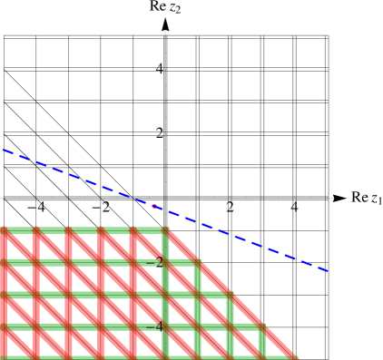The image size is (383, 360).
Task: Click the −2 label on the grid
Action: coord(158,262)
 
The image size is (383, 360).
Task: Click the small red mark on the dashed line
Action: coord(155,207)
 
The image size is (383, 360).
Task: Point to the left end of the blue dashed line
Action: coord(4,150)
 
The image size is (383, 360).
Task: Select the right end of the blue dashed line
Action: coord(328,270)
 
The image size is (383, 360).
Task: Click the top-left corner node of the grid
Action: coord(4,230)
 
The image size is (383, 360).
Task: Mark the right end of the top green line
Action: coord(167,230)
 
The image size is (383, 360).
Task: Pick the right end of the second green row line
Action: coord(199,262)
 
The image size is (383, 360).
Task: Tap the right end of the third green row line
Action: coord(231,295)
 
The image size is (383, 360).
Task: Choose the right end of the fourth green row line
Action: coord(262,326)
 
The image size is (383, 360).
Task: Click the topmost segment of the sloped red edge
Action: coord(182,246)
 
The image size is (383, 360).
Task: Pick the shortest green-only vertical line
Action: coord(262,342)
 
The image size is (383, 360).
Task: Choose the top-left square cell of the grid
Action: coord(20,247)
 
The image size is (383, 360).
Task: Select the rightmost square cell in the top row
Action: coord(150,247)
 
